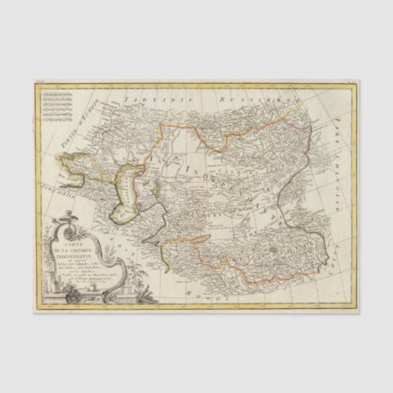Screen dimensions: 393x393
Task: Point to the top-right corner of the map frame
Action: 357,84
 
